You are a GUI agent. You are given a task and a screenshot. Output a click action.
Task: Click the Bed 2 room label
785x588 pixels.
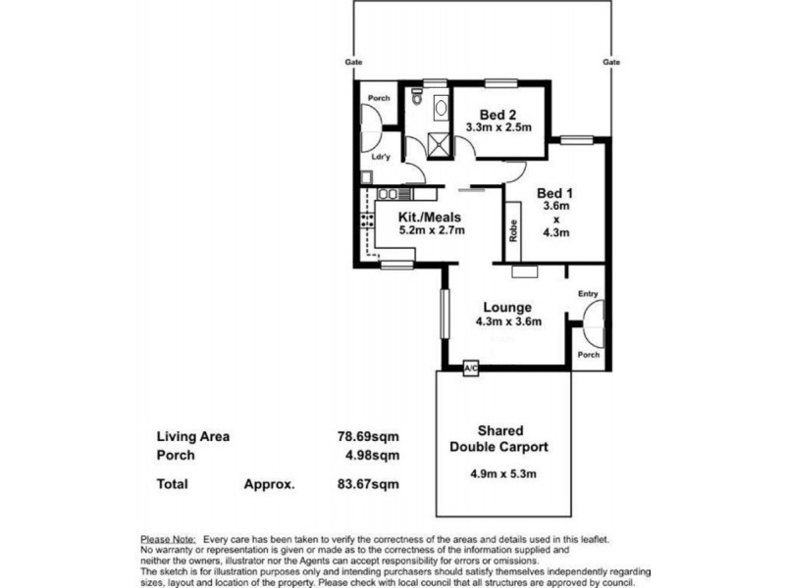pos(497,115)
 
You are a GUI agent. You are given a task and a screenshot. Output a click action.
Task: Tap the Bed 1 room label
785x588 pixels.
pos(554,193)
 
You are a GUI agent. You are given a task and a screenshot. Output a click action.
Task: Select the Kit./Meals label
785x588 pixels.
pos(430,217)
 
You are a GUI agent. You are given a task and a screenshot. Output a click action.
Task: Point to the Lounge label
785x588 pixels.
pos(507,307)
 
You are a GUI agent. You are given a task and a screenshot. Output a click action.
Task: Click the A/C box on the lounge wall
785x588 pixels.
pos(471,368)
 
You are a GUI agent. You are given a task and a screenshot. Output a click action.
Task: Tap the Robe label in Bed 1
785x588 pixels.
pos(512,231)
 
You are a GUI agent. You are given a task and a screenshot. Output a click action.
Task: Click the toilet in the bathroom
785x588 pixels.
pos(416,97)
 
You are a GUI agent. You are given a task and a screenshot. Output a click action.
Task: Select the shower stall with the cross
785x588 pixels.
pos(440,146)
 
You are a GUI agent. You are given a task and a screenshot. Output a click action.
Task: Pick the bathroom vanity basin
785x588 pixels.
pos(441,108)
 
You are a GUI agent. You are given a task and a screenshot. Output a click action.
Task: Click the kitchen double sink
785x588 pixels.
pos(388,193)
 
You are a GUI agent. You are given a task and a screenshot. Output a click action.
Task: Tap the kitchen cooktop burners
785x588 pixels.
pos(366,220)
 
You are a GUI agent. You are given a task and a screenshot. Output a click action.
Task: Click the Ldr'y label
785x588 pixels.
pos(381,157)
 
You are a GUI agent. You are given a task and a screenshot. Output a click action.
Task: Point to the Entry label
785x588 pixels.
pos(588,293)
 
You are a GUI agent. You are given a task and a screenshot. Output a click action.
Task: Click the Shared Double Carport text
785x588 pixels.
pos(499,438)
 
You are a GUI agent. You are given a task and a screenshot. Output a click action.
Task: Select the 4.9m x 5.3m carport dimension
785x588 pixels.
pos(503,473)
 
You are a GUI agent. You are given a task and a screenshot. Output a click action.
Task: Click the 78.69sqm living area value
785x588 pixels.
pos(369,436)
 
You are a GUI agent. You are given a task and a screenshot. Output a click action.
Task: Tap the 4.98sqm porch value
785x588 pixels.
pos(373,455)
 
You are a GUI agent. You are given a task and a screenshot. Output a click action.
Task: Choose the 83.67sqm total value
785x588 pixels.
pos(369,484)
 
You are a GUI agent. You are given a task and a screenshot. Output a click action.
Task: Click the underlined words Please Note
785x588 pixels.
pos(168,540)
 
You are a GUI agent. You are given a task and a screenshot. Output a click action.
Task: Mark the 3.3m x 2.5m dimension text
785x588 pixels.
pos(498,127)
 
